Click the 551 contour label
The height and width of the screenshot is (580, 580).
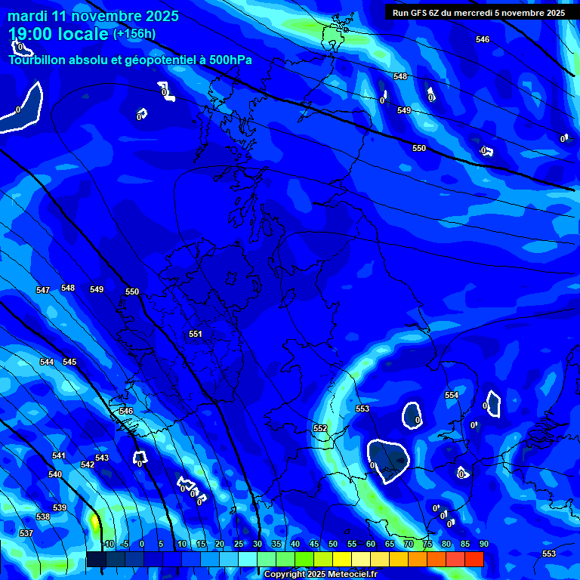tap(196, 334)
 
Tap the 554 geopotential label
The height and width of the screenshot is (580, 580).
tap(452, 395)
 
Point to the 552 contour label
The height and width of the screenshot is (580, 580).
tap(320, 428)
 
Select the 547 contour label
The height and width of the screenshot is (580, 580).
tap(43, 290)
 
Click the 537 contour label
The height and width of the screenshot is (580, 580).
tap(26, 533)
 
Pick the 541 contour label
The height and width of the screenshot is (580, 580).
tap(59, 455)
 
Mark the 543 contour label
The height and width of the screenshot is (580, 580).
tap(102, 458)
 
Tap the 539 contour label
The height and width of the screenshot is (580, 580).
tap(60, 507)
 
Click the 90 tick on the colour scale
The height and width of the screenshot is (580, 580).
tap(483, 544)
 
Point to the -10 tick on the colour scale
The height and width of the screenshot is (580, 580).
tap(108, 544)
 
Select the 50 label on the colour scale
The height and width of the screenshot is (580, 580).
tap(333, 544)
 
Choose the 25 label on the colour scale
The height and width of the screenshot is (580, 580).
tap(239, 544)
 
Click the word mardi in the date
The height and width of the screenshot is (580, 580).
tap(29, 16)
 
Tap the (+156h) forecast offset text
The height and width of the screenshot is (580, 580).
tap(134, 33)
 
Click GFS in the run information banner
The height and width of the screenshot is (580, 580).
tap(420, 13)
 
